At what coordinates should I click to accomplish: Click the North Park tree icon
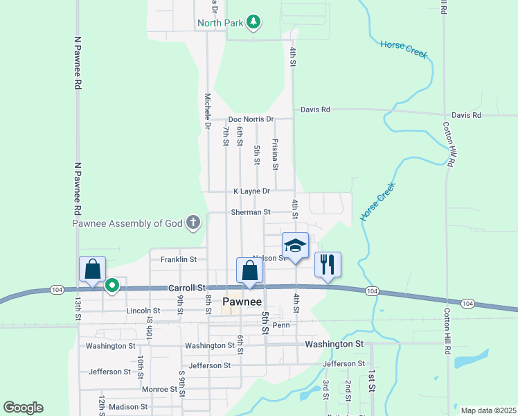tap(254, 22)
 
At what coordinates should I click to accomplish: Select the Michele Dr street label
tap(207, 111)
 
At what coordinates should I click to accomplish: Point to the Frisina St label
tap(275, 154)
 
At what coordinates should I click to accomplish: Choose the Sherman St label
tap(247, 212)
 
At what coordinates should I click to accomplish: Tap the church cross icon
tap(193, 223)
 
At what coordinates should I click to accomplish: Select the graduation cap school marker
tap(295, 245)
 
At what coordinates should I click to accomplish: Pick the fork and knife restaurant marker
tap(328, 264)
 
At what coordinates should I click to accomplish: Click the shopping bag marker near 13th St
tap(92, 269)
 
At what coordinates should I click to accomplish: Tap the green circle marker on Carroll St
tap(111, 285)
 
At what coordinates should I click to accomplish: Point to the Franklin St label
tap(179, 259)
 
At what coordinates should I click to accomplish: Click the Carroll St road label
tap(188, 287)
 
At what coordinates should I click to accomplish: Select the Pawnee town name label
tap(242, 302)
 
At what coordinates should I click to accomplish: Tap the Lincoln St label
tap(143, 311)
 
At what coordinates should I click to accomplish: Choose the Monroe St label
tap(155, 389)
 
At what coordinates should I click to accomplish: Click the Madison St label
tap(124, 407)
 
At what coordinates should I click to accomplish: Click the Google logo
tap(23, 408)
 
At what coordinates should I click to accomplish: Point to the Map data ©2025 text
tap(488, 410)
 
